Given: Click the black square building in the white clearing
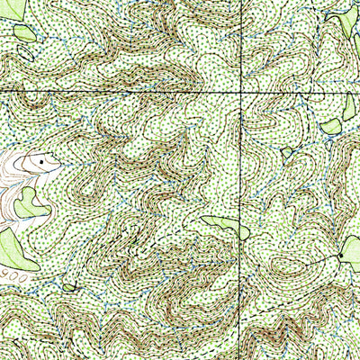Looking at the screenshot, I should [x=40, y=160].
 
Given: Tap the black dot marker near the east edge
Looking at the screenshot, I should [x=340, y=258].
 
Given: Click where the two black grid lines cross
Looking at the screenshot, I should [x=240, y=93].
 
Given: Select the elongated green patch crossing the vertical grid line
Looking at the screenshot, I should [x=225, y=227].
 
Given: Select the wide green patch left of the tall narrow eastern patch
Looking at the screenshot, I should [x=329, y=124].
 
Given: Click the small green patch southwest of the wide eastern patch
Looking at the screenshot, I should [x=287, y=152].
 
